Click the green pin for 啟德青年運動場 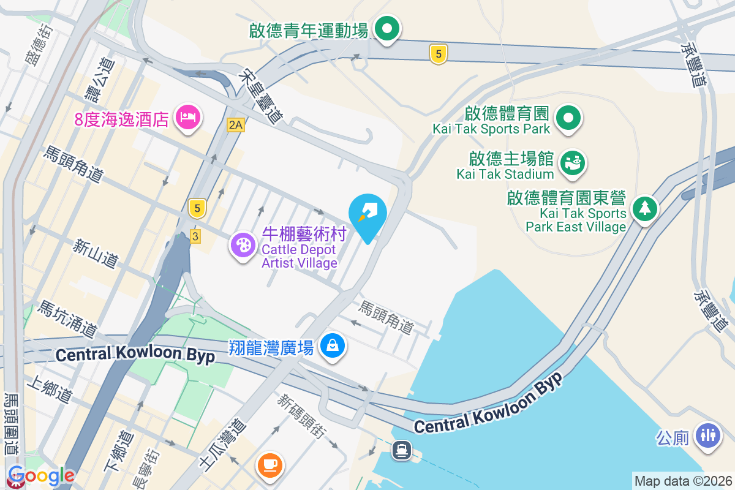point(386,28)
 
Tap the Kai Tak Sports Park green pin point(568,117)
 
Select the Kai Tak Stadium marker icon point(573,163)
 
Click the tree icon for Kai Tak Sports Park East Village point(644,209)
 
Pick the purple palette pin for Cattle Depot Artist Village point(243,245)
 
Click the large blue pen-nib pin point(367,214)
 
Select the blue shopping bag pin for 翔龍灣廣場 point(333,346)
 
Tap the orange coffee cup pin point(269,464)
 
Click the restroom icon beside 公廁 point(707,435)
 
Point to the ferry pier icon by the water point(402,450)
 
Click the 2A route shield point(235,125)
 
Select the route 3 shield point(195,236)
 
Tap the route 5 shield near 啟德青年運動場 point(437,54)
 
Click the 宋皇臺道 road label point(264,96)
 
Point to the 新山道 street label point(94,252)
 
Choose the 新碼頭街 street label point(301,417)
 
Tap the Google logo point(41,475)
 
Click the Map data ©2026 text point(683,481)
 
